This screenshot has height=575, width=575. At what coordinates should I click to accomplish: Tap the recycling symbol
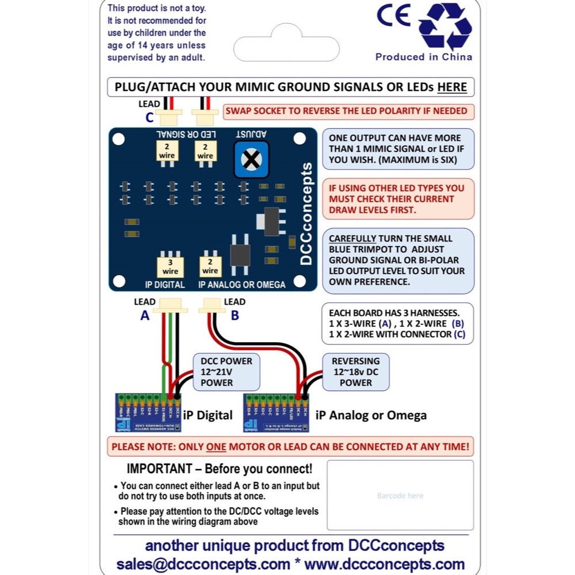pyautogui.click(x=445, y=26)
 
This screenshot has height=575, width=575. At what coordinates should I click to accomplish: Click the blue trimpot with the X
pyautogui.click(x=251, y=159)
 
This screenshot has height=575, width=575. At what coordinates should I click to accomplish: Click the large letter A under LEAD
pyautogui.click(x=145, y=315)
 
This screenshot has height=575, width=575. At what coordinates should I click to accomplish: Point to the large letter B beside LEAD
pyautogui.click(x=235, y=315)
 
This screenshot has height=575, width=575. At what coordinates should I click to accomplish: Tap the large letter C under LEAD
pyautogui.click(x=149, y=118)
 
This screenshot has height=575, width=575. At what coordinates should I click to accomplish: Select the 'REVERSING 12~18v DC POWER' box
pyautogui.click(x=356, y=371)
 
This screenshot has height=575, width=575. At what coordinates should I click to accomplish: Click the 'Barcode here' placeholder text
pyautogui.click(x=400, y=496)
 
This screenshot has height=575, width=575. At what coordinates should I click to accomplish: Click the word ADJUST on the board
pyautogui.click(x=251, y=134)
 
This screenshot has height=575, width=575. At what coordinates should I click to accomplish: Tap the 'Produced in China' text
pyautogui.click(x=424, y=57)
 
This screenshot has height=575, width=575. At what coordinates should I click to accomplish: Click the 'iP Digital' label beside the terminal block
pyautogui.click(x=207, y=415)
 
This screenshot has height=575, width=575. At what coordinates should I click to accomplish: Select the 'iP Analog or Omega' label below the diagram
pyautogui.click(x=371, y=415)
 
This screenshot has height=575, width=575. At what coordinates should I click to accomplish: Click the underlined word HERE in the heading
pyautogui.click(x=452, y=87)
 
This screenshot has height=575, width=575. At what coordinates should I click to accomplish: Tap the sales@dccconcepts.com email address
pyautogui.click(x=203, y=563)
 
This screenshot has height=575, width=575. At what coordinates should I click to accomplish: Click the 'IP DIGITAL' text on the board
pyautogui.click(x=165, y=285)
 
